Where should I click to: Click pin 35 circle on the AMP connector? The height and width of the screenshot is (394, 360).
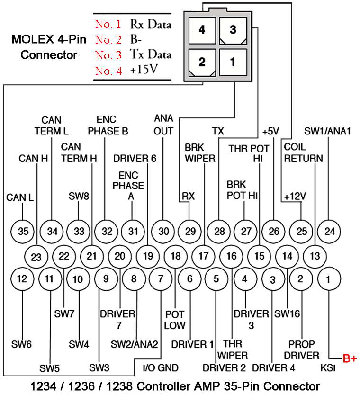23,232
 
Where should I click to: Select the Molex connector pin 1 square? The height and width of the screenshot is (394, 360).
233,62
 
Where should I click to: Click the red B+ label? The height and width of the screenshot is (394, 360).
350,359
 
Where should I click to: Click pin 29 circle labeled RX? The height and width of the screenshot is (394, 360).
190,232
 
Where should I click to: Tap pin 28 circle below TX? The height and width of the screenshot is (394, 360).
219,232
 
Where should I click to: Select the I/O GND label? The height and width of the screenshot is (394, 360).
161,367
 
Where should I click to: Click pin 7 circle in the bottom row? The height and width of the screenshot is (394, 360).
161,279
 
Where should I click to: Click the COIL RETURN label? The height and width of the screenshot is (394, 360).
303,153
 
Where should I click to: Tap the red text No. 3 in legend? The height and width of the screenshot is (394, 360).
108,55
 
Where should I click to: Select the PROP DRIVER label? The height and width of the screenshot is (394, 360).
304,350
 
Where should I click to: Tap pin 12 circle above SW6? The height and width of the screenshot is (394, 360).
22,279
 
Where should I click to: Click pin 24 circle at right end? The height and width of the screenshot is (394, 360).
329,232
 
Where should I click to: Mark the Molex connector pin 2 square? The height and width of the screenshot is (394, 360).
202,62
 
